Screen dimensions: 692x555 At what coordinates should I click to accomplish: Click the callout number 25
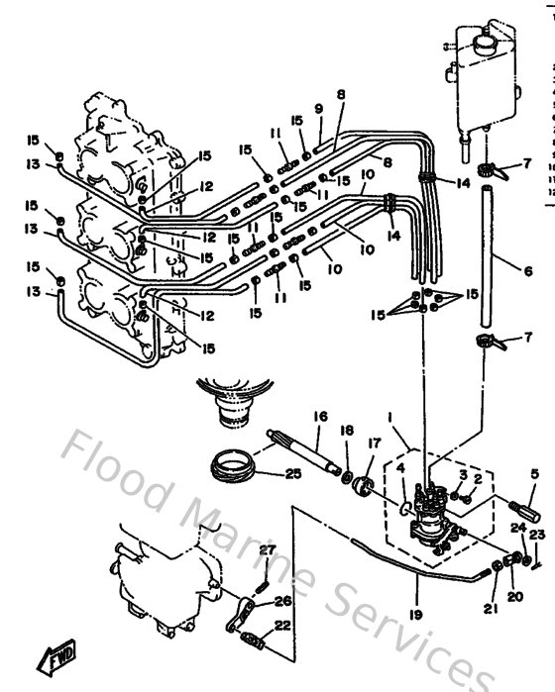(x=291, y=474)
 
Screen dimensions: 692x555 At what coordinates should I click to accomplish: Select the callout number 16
(x=320, y=417)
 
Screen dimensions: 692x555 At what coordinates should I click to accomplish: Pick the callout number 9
(x=319, y=108)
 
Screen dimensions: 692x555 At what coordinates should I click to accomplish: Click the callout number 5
(x=535, y=474)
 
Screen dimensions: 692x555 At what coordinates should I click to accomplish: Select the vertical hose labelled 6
(x=487, y=257)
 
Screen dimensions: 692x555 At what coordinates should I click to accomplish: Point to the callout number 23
(x=536, y=536)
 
